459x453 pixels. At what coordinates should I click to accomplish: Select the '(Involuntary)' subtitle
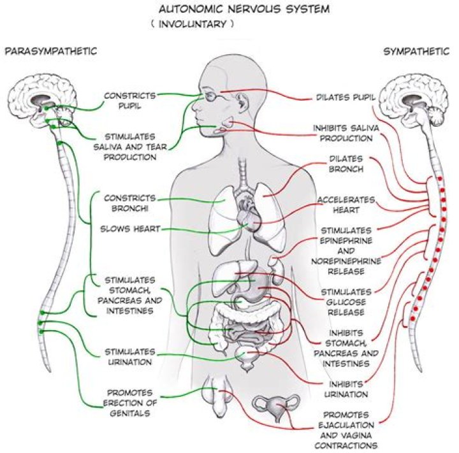pyautogui.click(x=193, y=25)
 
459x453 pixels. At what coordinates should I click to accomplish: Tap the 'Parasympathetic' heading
pyautogui.click(x=50, y=50)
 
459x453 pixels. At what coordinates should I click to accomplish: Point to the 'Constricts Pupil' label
pyautogui.click(x=129, y=100)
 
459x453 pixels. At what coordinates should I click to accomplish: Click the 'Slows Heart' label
pyautogui.click(x=129, y=229)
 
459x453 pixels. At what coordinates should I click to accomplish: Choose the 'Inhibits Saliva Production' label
pyautogui.click(x=342, y=134)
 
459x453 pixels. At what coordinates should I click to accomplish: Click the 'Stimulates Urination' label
pyautogui.click(x=129, y=357)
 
